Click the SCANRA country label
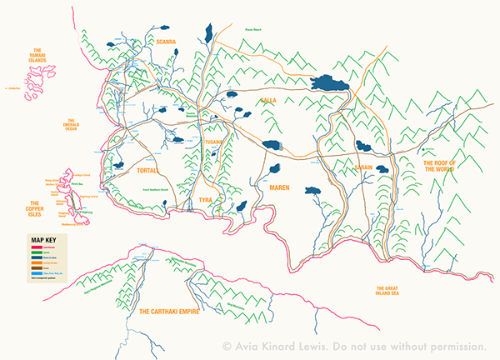[x=161, y=40]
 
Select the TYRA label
[x=206, y=201]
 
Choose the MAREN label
[x=278, y=187]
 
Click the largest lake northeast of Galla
[x=328, y=83]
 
